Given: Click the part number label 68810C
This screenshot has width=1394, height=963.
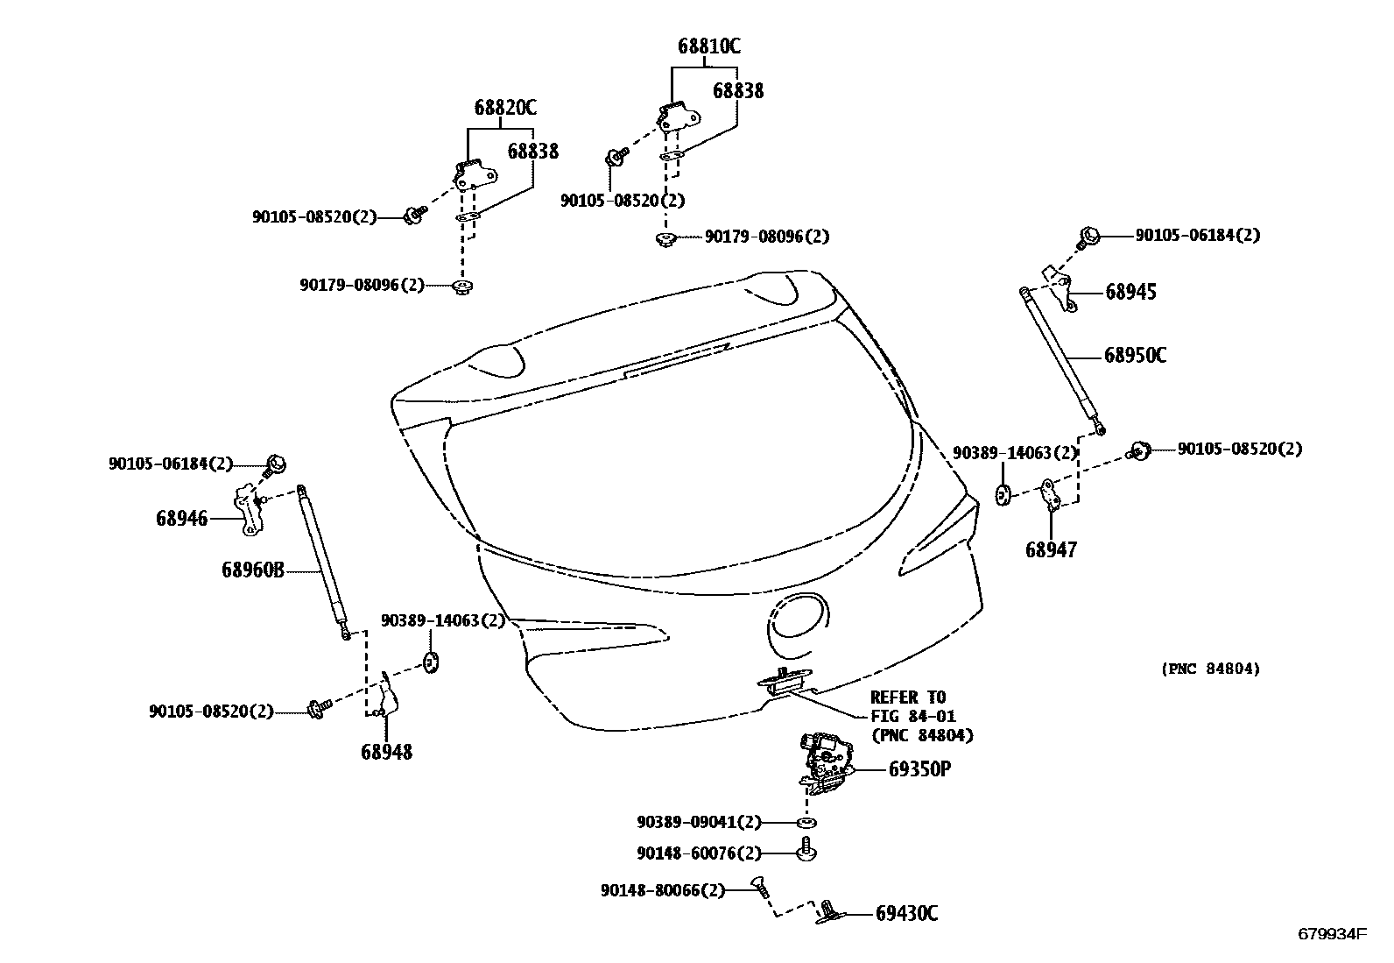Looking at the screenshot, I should (708, 46).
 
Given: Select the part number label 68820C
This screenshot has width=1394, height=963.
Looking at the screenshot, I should (505, 108).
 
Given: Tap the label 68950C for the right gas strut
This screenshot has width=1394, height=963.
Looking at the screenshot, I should (1135, 356).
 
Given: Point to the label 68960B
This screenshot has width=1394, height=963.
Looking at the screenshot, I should (253, 570).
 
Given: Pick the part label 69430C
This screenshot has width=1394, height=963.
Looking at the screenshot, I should (906, 914).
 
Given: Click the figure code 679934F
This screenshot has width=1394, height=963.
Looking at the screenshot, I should (1331, 934).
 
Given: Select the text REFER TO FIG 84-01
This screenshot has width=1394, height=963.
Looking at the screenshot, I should (912, 707).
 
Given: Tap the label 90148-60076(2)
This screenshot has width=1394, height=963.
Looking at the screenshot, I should (699, 853).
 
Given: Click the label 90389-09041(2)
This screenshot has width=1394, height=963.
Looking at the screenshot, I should (699, 822).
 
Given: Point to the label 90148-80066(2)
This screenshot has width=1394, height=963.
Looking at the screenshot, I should (663, 890).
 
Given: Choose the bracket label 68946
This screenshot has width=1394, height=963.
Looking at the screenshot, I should (182, 519).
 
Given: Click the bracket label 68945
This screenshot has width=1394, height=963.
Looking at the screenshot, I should (1130, 293).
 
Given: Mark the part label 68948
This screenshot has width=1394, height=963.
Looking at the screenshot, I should (386, 752).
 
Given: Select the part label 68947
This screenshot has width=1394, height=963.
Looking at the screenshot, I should (1051, 550).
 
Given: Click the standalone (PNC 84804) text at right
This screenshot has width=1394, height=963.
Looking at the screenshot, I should (1211, 669).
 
